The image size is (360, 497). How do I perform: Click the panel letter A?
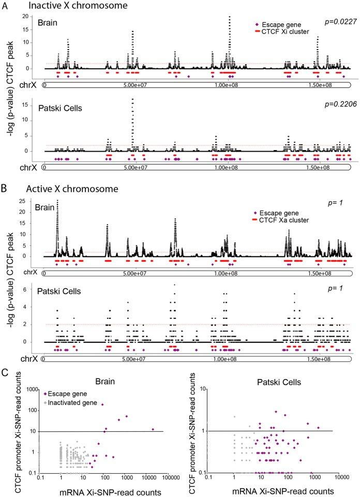[x=4, y=6]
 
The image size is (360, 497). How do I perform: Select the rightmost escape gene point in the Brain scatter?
[x=153, y=429]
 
